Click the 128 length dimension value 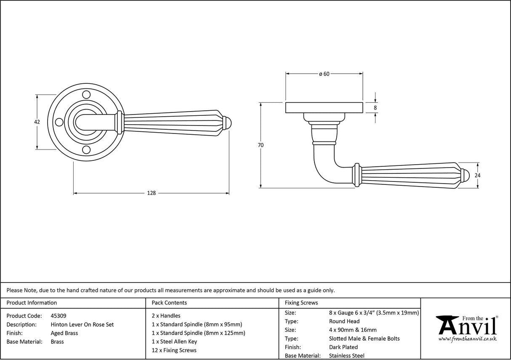click(x=151, y=193)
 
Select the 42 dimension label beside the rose click(x=37, y=122)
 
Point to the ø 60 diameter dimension click(x=324, y=74)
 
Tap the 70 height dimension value click(x=261, y=145)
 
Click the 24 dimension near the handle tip click(x=477, y=175)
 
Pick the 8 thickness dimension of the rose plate click(x=375, y=108)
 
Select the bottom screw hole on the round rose click(x=86, y=149)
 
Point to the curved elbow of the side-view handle click(x=324, y=168)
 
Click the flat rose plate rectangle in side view click(x=324, y=108)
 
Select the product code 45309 click(x=58, y=315)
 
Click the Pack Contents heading click(x=169, y=303)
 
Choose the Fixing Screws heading click(x=301, y=303)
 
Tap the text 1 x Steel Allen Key click(x=174, y=341)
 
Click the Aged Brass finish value click(x=64, y=333)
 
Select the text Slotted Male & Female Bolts click(x=364, y=339)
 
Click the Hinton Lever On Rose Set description click(x=82, y=324)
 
